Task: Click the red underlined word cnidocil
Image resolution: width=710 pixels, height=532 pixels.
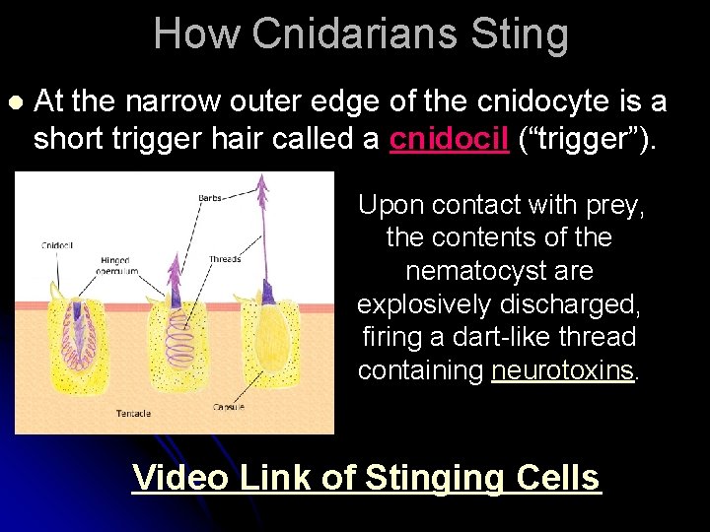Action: tap(450, 139)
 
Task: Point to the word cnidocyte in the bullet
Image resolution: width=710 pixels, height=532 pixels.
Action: tap(539, 100)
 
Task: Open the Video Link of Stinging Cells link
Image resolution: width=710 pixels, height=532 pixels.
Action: tap(366, 477)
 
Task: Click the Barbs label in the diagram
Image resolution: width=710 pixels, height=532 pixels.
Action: tap(210, 198)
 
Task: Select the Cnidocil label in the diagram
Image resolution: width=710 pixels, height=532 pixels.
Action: tap(57, 244)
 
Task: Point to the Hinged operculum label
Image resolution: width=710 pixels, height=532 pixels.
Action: tap(113, 267)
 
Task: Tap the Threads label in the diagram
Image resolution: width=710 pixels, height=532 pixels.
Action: tap(225, 260)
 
